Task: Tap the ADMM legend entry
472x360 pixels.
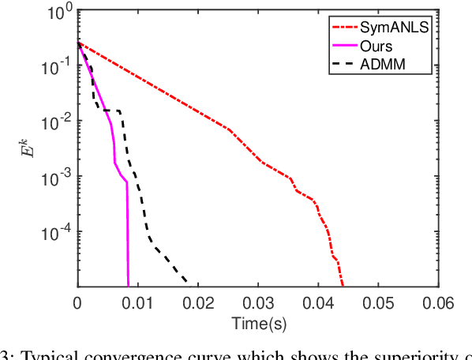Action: coord(384,63)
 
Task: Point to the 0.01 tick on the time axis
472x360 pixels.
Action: coord(137,302)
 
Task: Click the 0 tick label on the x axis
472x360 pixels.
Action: coord(77,302)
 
